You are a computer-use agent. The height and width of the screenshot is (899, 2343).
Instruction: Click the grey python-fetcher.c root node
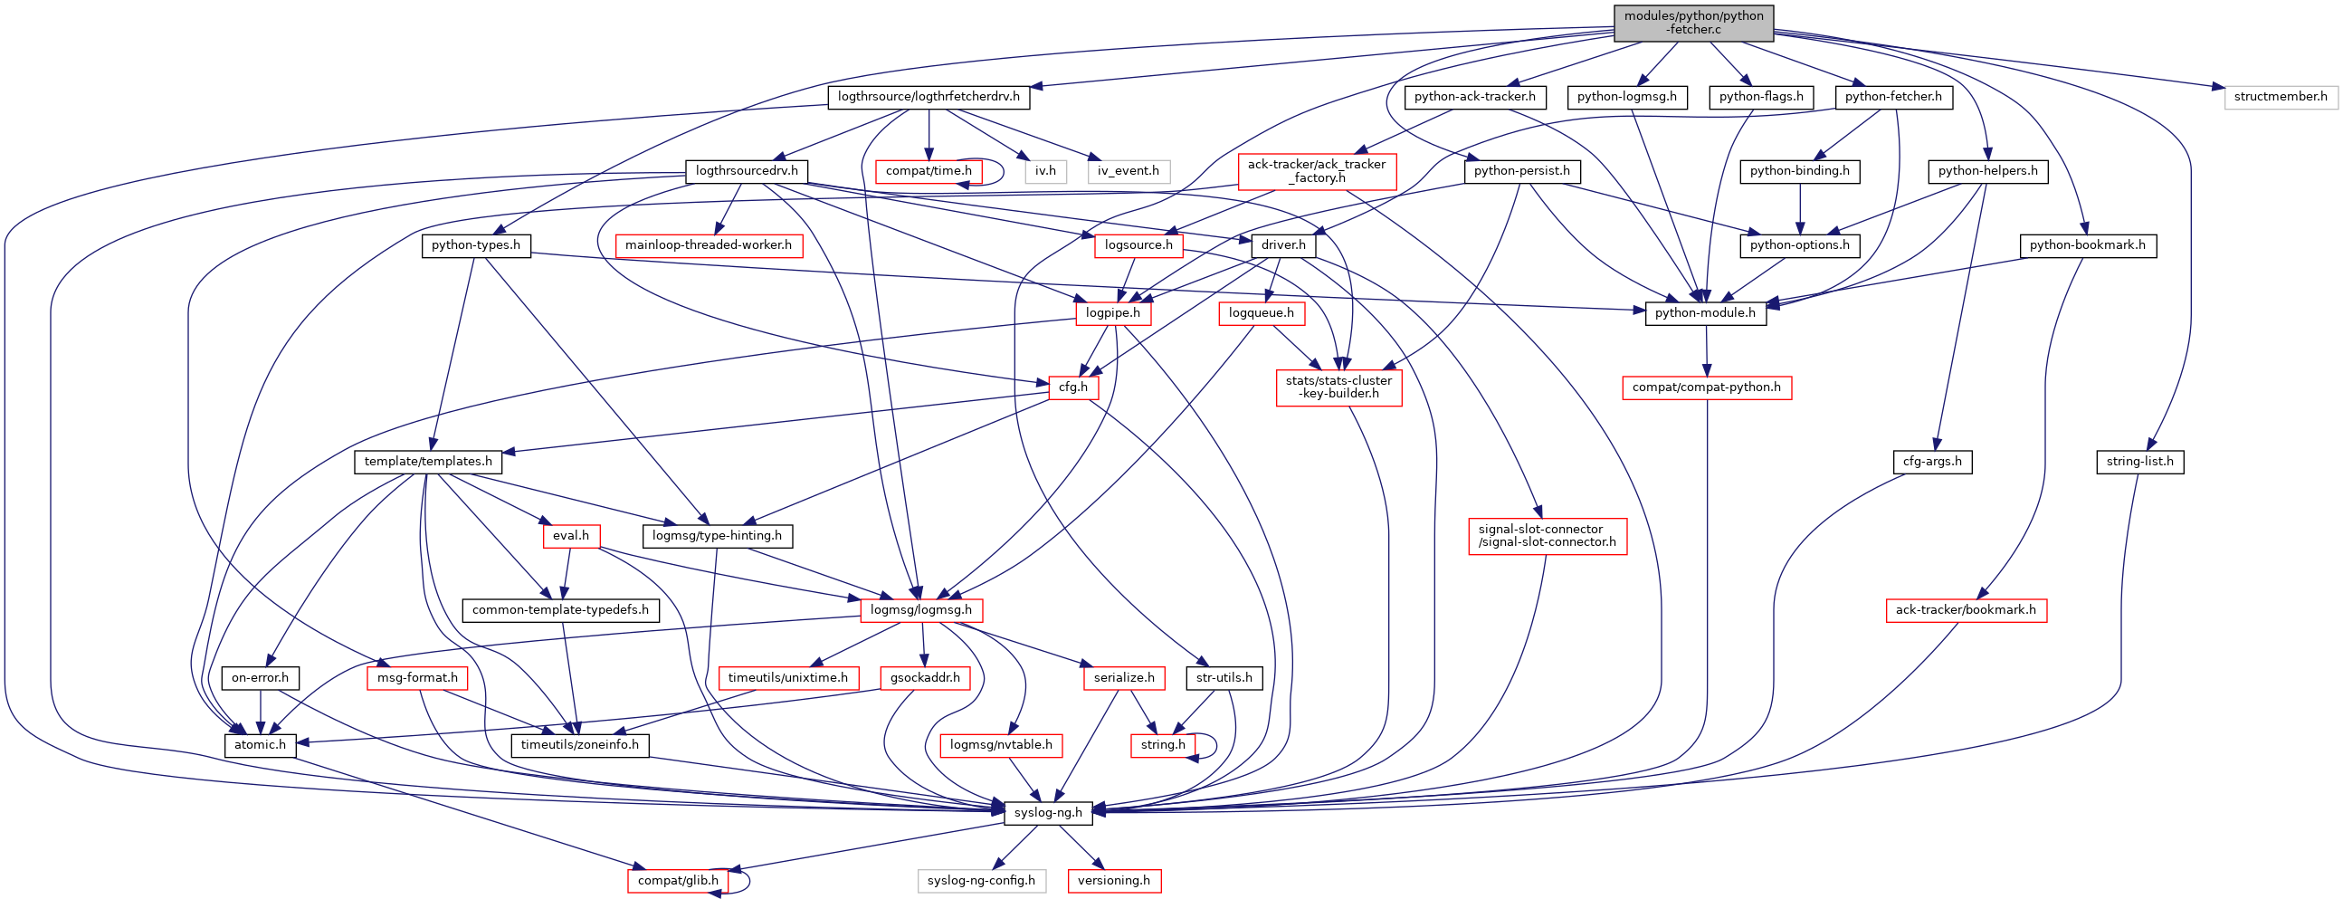point(1692,23)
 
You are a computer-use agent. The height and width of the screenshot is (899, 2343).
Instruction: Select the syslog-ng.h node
point(1048,813)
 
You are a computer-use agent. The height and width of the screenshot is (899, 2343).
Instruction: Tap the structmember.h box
point(2281,97)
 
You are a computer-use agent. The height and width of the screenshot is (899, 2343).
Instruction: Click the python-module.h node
point(1705,313)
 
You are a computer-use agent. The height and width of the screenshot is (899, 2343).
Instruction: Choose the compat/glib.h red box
point(678,881)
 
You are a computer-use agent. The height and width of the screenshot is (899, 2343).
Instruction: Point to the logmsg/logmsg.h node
point(920,609)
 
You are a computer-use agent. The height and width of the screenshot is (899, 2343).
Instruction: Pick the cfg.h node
point(1072,387)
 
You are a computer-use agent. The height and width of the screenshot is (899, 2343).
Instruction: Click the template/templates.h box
point(427,462)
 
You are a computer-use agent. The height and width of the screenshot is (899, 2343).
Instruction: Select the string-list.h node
point(2139,462)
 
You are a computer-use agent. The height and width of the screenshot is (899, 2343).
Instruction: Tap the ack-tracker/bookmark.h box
point(1966,609)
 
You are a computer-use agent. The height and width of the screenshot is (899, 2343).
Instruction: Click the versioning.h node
point(1113,881)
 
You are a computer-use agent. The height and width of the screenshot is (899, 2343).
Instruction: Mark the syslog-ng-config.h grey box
point(980,881)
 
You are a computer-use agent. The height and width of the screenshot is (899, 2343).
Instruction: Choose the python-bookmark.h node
point(2087,244)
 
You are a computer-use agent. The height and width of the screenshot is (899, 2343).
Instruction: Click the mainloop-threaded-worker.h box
point(708,244)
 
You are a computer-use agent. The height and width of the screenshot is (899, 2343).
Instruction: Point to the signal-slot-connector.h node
point(1547,536)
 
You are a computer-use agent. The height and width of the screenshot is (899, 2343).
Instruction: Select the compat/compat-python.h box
point(1705,387)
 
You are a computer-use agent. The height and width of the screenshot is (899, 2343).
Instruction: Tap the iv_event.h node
point(1128,171)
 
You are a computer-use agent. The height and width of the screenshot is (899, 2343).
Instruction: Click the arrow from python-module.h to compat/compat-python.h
point(1706,350)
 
